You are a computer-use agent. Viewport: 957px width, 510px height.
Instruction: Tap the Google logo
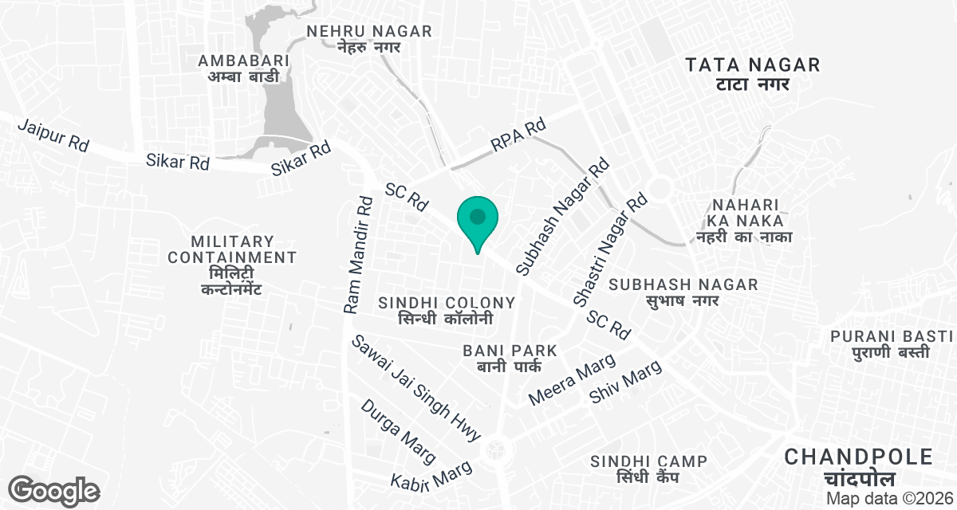(54, 489)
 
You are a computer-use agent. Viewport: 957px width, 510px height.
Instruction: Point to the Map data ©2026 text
(888, 498)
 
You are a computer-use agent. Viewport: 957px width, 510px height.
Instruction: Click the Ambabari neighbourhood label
(244, 69)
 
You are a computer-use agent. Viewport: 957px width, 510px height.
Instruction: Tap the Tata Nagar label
(753, 73)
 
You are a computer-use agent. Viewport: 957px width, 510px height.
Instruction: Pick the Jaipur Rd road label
(53, 135)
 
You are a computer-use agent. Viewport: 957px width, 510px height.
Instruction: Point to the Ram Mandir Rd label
(358, 254)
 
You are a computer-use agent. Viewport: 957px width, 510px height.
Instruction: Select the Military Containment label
(232, 265)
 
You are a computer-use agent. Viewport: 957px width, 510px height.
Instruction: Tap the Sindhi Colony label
(447, 310)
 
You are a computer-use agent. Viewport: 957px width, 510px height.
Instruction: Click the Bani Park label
(510, 358)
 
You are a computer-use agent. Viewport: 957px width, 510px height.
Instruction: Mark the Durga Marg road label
(398, 431)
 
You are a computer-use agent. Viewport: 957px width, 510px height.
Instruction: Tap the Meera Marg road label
(573, 379)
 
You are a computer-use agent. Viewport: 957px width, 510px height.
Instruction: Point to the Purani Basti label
(892, 343)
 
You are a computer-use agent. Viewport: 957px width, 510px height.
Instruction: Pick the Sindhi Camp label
(648, 469)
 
